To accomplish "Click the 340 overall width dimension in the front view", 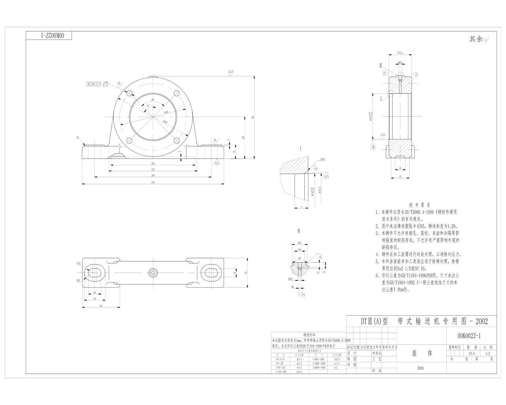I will pyautogui.click(x=153, y=182).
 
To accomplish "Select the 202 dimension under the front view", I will pyautogui.click(x=153, y=163).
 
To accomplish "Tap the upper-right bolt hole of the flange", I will pyautogui.click(x=177, y=93).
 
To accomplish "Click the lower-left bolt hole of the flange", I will pyautogui.click(x=129, y=141).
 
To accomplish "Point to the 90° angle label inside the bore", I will pyautogui.click(x=153, y=100).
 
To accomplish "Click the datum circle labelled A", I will pyautogui.click(x=372, y=147).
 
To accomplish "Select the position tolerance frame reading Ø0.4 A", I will pyautogui.click(x=94, y=84).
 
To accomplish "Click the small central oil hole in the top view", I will pyautogui.click(x=153, y=272).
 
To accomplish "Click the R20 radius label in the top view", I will pyautogui.click(x=78, y=280).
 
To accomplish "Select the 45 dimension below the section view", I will pyautogui.click(x=400, y=176).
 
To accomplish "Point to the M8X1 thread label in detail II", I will pyautogui.click(x=291, y=278).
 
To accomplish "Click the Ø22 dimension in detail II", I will pyautogui.click(x=300, y=242).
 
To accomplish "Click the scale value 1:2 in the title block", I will pyautogui.click(x=487, y=353).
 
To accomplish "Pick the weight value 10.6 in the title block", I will pyautogui.click(x=472, y=353).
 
